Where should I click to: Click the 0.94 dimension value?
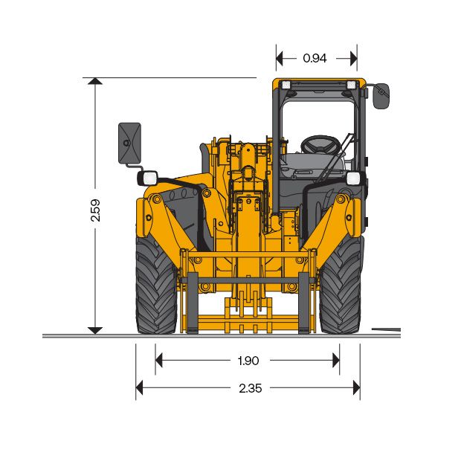tap(315, 58)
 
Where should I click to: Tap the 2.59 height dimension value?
tap(96, 210)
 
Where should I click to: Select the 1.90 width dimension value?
tap(248, 361)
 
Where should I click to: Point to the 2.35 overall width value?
tap(250, 388)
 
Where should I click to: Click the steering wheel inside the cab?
tap(320, 144)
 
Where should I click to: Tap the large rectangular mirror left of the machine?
tap(129, 143)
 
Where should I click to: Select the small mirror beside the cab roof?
tap(381, 96)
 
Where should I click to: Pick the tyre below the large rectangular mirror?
tap(156, 285)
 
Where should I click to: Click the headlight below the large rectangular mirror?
tap(147, 178)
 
